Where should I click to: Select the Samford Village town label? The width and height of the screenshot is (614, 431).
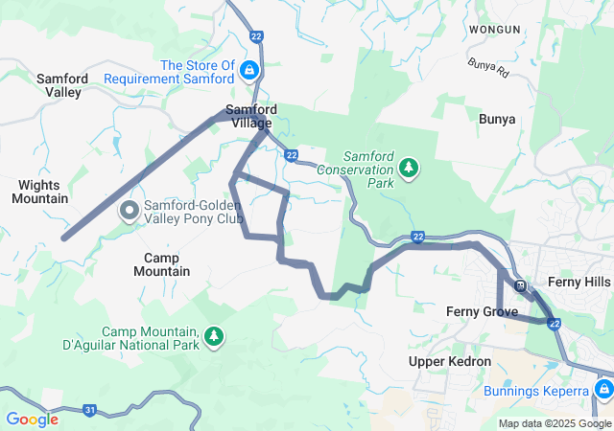click(x=249, y=116)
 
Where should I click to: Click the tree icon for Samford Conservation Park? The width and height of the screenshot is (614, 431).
click(x=410, y=169)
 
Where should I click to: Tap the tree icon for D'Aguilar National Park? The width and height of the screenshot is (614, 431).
click(x=213, y=336)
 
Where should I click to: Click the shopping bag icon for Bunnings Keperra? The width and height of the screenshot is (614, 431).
click(x=603, y=391)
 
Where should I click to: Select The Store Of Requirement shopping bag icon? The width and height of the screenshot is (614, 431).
click(x=249, y=71)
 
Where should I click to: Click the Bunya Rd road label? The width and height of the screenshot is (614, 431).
click(x=485, y=66)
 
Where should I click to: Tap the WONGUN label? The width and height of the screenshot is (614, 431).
click(x=494, y=30)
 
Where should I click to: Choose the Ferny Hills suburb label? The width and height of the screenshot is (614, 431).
click(x=578, y=282)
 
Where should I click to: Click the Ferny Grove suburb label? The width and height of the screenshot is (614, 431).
click(x=482, y=311)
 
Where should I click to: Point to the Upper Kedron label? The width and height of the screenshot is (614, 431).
click(x=449, y=361)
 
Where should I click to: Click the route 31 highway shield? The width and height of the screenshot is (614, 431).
click(x=89, y=410)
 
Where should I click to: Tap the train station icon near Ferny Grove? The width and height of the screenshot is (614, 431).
click(x=520, y=285)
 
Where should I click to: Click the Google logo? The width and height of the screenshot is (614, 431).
click(x=32, y=420)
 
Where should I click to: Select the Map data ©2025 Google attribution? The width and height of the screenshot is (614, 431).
click(x=554, y=423)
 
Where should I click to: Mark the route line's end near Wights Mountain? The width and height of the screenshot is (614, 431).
click(x=63, y=238)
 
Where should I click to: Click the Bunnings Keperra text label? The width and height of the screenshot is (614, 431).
click(x=541, y=391)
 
